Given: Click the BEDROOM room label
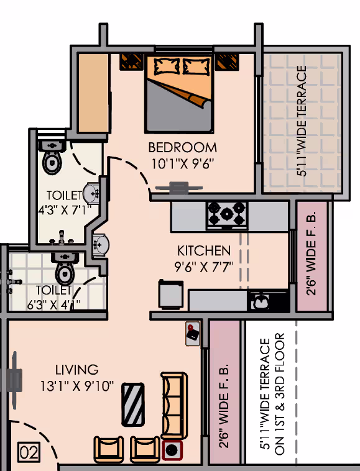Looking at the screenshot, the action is pos(182,147).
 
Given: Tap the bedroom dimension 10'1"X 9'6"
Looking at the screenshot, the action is pos(182,164).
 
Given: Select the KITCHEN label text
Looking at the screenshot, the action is pos(204,250).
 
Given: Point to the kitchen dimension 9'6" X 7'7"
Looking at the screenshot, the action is pos(204,267).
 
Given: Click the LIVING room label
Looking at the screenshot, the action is pos(77,370).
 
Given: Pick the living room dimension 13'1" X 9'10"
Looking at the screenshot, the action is pos(77,386).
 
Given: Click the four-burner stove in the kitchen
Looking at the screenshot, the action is pos(227,214).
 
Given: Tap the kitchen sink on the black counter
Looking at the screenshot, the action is pos(261,301).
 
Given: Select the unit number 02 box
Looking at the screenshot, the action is pos(29,452).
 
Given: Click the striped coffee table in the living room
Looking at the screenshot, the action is pos(133,405).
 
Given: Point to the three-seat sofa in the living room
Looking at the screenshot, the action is pos(174,406).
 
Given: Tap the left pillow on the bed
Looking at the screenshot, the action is pos(167,66).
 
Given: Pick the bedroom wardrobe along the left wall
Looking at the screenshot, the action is pos(93,93).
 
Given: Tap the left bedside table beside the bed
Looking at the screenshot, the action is pos(132,62).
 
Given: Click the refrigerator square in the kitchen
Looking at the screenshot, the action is pos(171,294).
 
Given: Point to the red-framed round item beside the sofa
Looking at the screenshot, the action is pos(172,450).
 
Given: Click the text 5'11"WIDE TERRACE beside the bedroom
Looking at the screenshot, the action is pos(302,121).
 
